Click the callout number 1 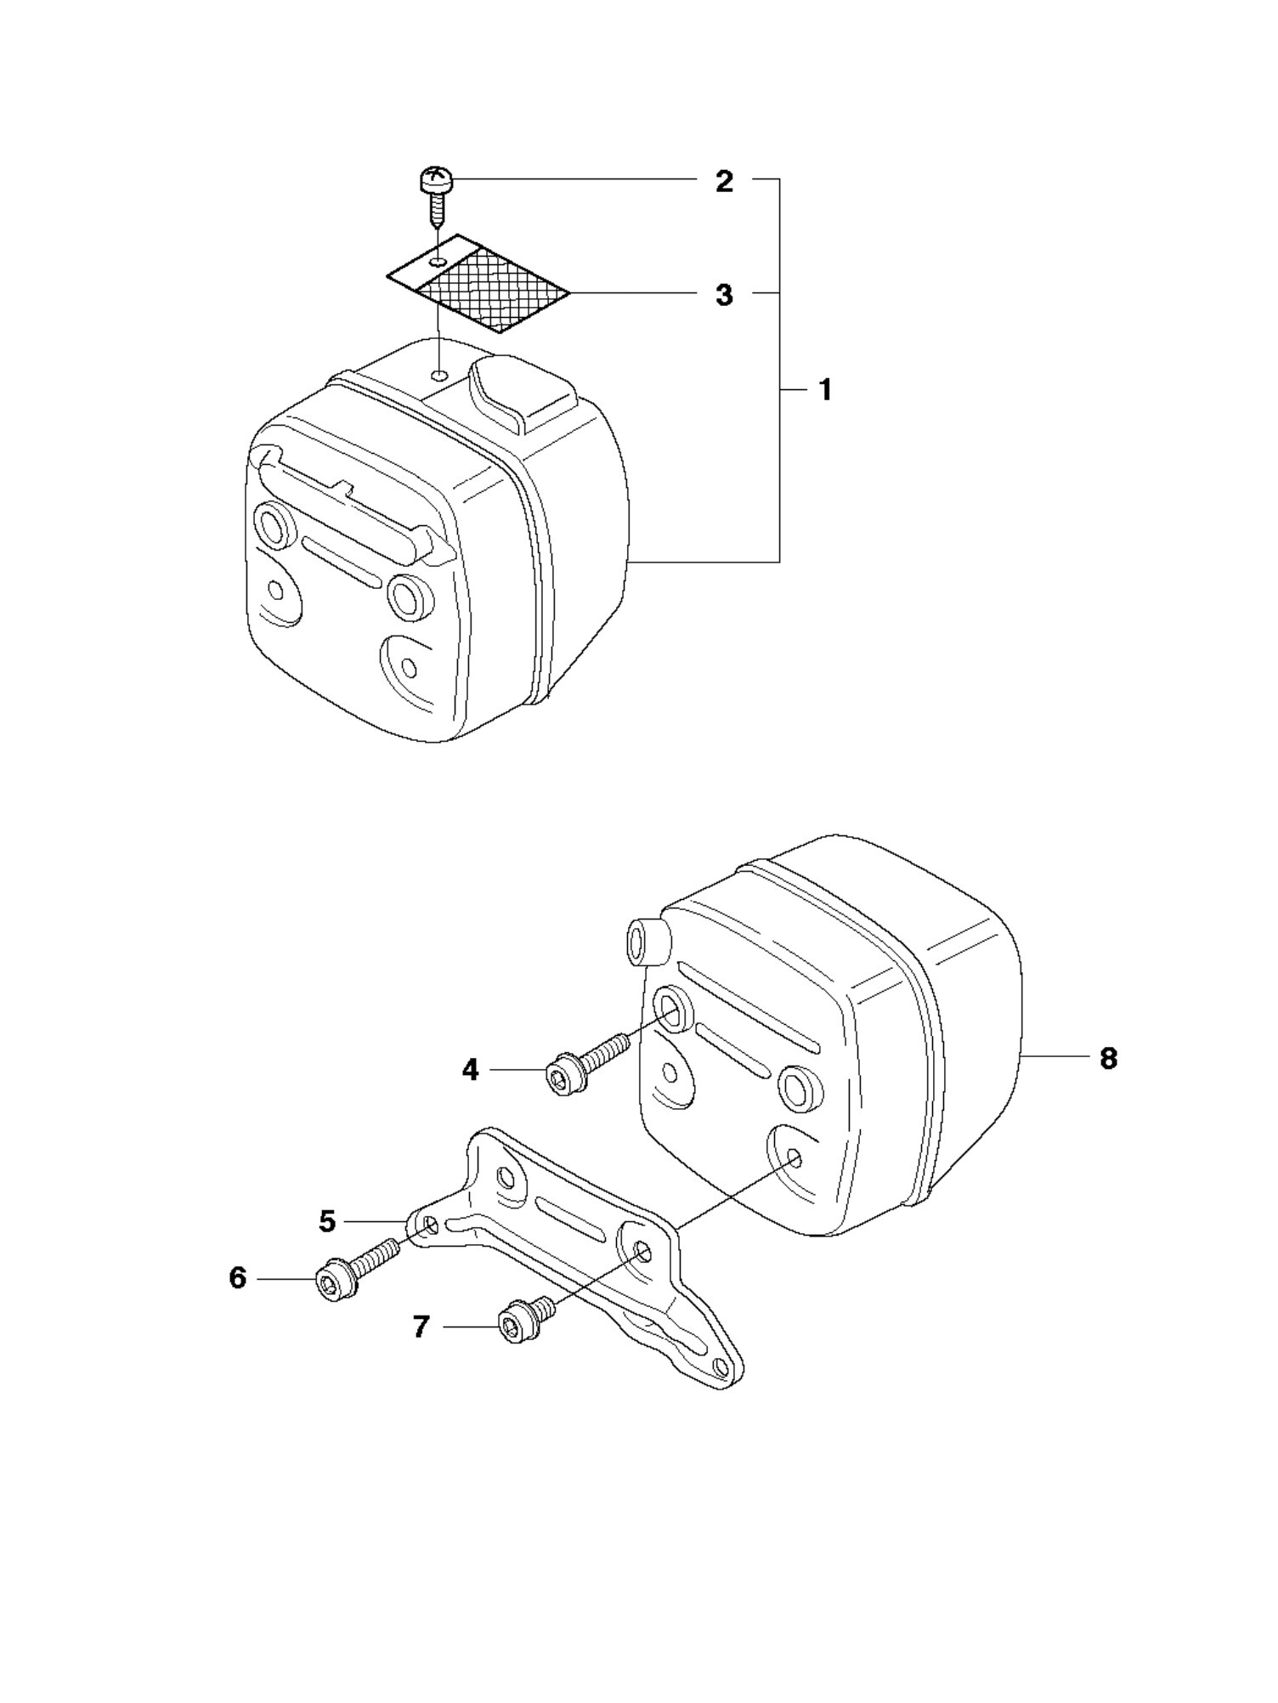[824, 391]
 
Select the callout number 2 [724, 181]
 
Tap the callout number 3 [724, 295]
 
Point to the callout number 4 [471, 1069]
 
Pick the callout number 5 [327, 1221]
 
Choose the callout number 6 [238, 1277]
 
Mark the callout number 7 [421, 1327]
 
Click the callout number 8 [1108, 1058]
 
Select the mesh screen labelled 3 [478, 283]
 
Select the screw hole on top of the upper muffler [439, 376]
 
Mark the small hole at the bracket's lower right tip [721, 1366]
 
